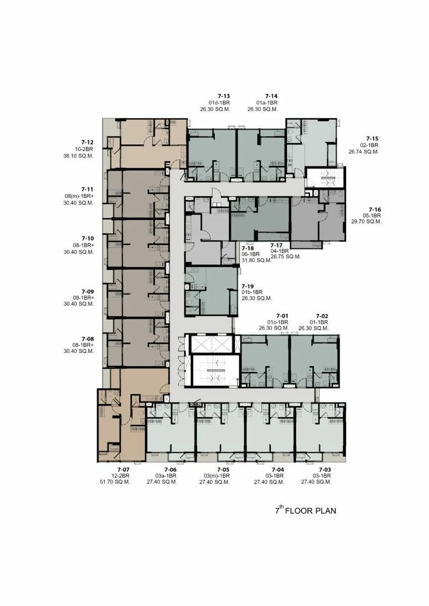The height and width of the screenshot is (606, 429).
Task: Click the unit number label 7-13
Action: point(224,96)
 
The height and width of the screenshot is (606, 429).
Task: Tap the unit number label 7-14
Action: point(271,96)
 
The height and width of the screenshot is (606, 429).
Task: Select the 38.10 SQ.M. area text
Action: point(78,156)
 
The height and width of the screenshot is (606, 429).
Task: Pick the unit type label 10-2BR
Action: point(84,149)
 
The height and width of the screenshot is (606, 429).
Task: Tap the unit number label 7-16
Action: point(375,210)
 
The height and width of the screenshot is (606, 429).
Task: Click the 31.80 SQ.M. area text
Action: point(257,261)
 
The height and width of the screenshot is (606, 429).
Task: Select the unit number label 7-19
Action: point(248,286)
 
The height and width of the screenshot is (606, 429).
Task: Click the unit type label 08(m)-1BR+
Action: point(79,196)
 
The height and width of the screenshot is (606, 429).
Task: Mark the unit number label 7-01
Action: point(282,316)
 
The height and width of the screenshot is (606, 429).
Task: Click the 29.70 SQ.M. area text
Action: point(366,222)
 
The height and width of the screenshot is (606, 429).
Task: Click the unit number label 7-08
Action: point(88,339)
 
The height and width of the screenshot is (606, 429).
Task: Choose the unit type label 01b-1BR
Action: point(252,292)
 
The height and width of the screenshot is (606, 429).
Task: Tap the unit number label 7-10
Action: point(88,238)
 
